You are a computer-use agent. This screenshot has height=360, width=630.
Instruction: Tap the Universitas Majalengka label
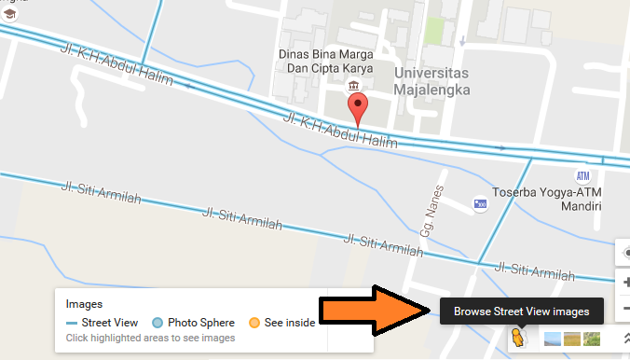click(431, 80)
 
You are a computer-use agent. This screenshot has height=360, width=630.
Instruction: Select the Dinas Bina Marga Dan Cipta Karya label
click(326, 61)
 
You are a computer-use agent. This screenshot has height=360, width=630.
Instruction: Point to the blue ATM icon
click(582, 176)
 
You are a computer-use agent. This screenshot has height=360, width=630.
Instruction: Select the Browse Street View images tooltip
click(521, 311)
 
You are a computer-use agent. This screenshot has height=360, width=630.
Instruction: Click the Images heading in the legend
click(85, 304)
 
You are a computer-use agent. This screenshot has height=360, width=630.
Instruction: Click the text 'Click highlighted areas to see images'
click(150, 338)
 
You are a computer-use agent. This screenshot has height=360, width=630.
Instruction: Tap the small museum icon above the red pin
click(354, 86)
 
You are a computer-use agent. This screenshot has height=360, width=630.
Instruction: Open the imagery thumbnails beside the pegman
click(570, 339)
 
